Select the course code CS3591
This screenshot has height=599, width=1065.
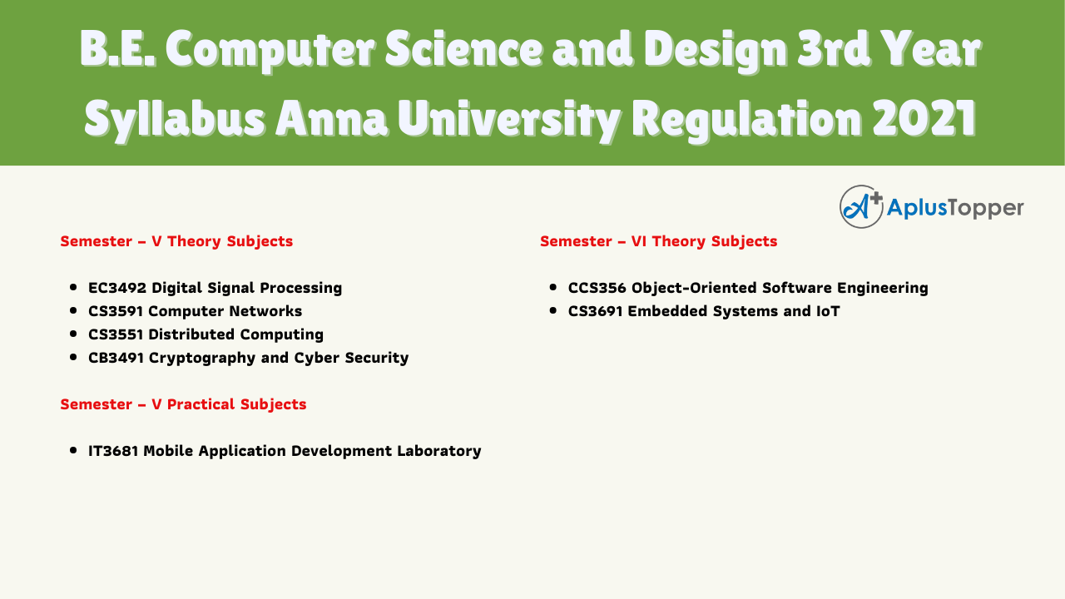(x=116, y=311)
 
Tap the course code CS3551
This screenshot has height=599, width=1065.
(x=116, y=334)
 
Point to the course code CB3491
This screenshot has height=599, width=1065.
(x=116, y=358)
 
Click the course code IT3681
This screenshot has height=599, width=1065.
(x=113, y=451)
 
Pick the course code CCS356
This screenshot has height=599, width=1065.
(x=597, y=288)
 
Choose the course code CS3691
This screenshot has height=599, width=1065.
(x=595, y=311)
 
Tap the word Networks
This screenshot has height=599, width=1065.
(x=265, y=311)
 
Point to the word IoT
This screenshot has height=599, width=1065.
(x=828, y=311)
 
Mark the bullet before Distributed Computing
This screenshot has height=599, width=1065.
(x=72, y=334)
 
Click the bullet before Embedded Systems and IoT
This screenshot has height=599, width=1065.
(x=552, y=311)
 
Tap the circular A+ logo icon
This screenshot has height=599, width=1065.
(x=861, y=207)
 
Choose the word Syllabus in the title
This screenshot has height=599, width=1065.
(x=175, y=120)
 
